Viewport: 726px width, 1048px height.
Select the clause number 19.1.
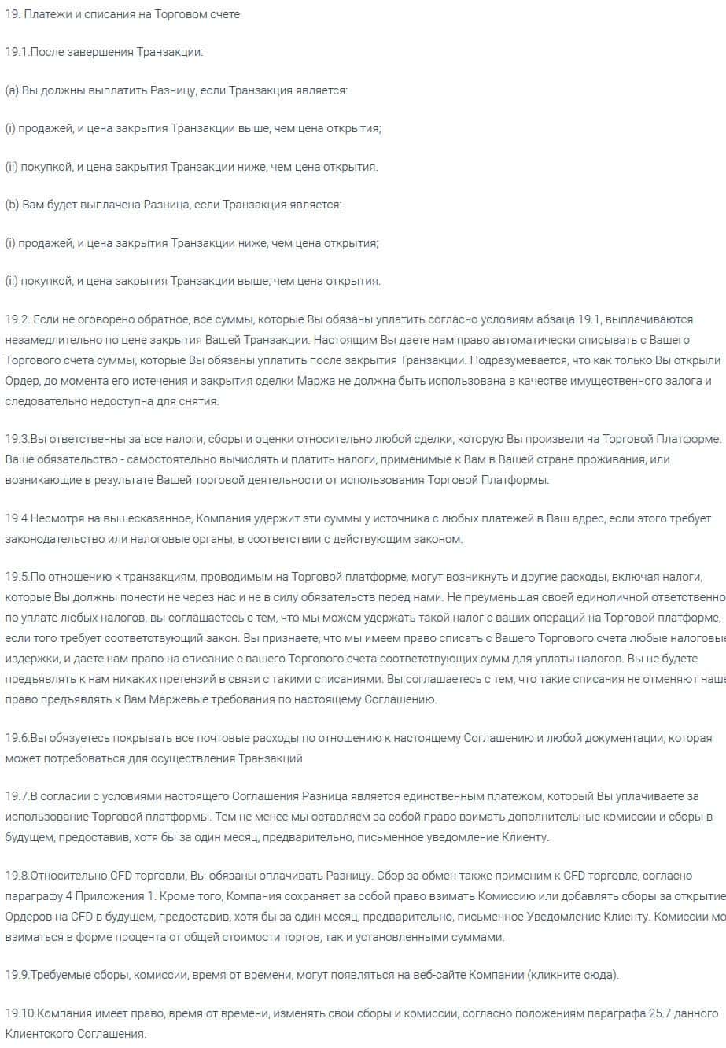click(17, 52)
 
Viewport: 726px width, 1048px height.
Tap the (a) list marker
click(12, 90)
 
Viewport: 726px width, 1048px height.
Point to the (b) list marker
click(12, 205)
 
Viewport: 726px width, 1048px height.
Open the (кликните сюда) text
click(577, 975)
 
